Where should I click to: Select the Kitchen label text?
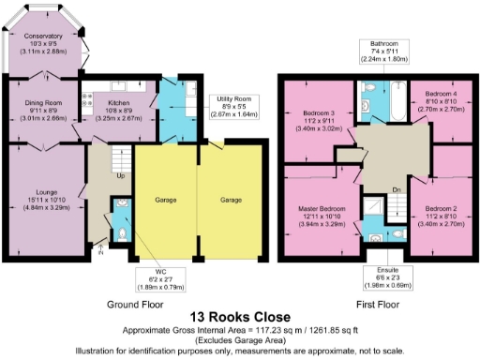118,103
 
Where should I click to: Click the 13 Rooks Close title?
239,318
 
